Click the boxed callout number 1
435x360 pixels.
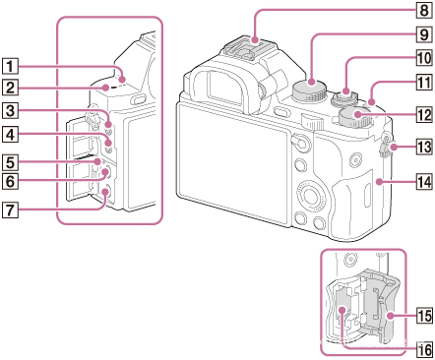coord(10,66)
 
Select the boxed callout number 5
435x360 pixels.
coord(10,162)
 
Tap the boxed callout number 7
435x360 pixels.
coord(10,210)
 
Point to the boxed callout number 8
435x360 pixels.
coord(424,10)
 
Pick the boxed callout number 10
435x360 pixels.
coord(424,58)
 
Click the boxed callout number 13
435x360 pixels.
coord(424,147)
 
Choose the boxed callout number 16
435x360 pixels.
coord(424,349)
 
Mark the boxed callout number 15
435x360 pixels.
coord(424,317)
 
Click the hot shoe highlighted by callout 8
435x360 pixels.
coord(252,48)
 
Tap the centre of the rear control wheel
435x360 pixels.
coord(309,195)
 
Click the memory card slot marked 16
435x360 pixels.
coord(342,310)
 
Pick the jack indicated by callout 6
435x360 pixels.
coord(105,173)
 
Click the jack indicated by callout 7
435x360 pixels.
coord(105,193)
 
